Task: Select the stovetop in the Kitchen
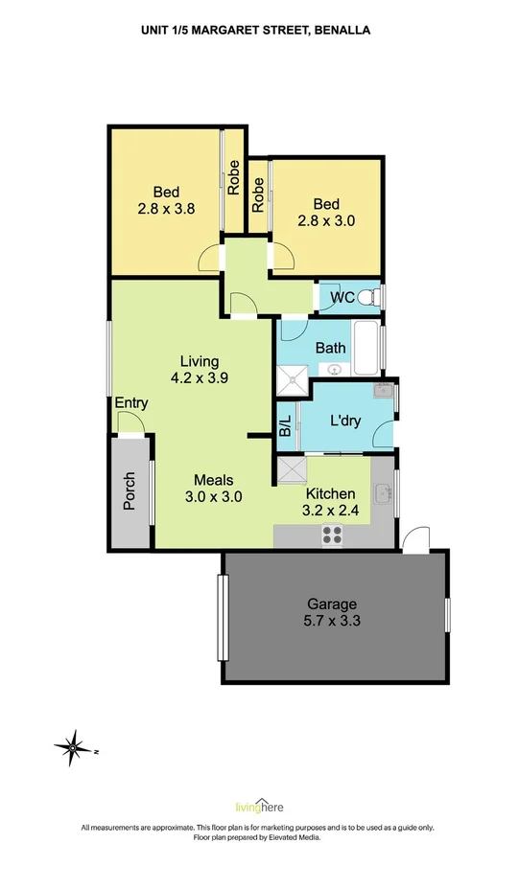coord(332,536)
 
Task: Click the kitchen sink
coord(383,492)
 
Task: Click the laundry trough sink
coord(383,390)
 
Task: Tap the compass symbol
coord(72,744)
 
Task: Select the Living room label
coord(200,361)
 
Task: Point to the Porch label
coord(130,492)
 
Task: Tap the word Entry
coord(130,403)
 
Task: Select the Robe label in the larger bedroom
coord(233,177)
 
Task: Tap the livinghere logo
coord(259,807)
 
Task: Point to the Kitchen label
coord(330,494)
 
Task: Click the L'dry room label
coord(344,420)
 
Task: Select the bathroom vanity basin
coord(335,369)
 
